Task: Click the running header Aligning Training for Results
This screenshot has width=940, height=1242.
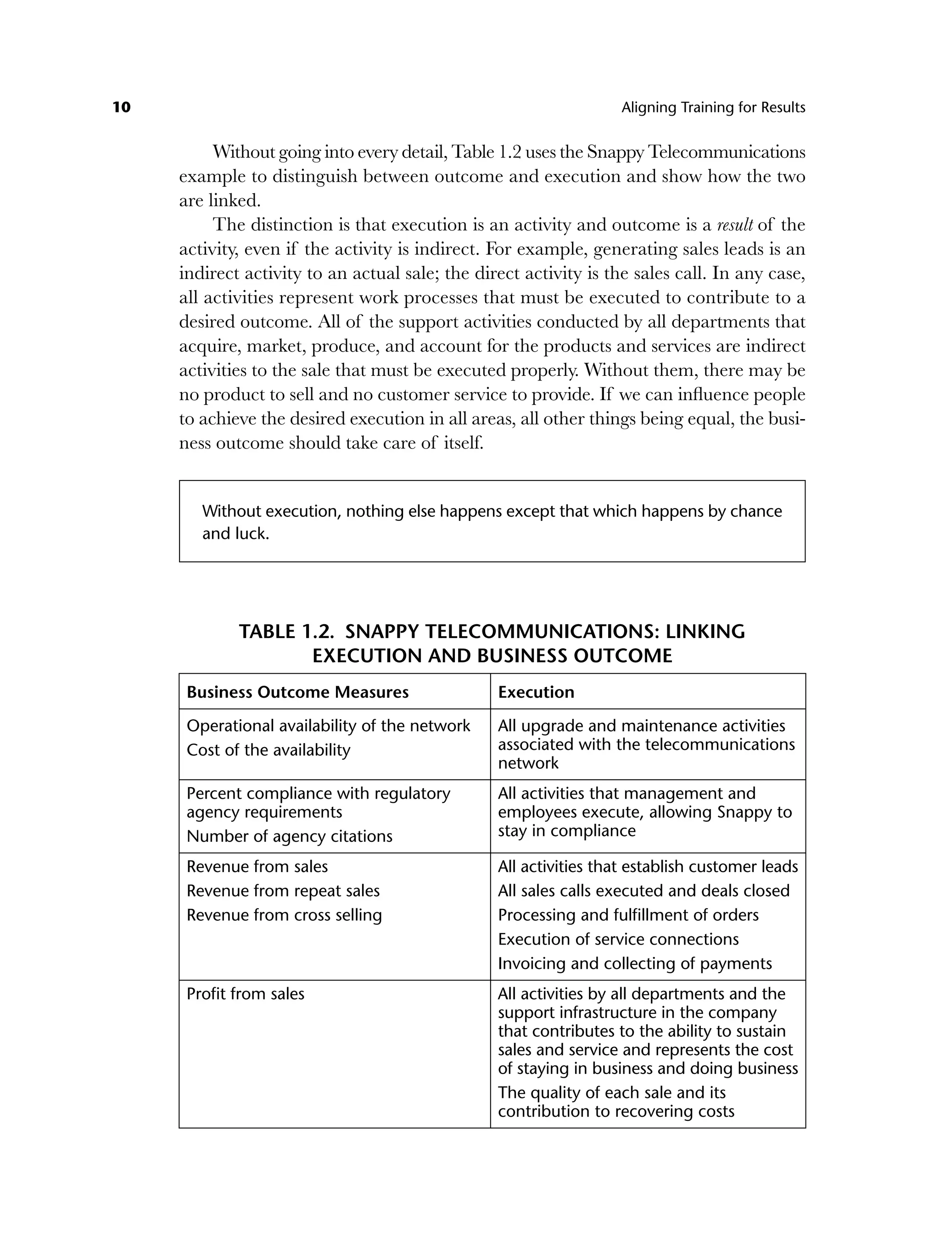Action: [713, 107]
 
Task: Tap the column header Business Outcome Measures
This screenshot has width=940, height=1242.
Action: [297, 692]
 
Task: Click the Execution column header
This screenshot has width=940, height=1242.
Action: [536, 692]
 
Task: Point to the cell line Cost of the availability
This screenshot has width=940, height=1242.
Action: [269, 750]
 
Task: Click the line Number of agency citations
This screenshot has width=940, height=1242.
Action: [289, 836]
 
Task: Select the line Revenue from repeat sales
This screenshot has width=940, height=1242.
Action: [283, 891]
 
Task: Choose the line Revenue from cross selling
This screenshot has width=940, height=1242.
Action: [284, 915]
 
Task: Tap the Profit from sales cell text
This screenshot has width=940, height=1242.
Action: [246, 994]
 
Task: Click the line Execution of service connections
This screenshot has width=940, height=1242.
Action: [618, 940]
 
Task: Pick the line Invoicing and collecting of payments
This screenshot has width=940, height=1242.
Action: [634, 963]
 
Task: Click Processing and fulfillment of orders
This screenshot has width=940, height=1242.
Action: [628, 915]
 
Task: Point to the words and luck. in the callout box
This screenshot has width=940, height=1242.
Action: [236, 533]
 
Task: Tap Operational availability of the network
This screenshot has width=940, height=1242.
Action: [328, 726]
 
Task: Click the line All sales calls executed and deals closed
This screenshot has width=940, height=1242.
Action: [643, 891]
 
